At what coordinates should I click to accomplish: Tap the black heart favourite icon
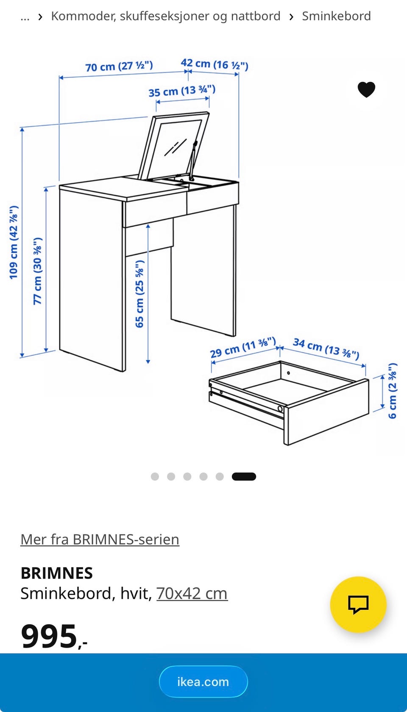point(366,89)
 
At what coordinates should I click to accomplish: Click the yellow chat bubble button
point(358,604)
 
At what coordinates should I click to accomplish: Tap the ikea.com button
point(203,682)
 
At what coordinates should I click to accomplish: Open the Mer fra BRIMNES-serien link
point(100,540)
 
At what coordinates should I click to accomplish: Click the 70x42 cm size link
point(192,593)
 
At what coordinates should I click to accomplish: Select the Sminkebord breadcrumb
point(337,16)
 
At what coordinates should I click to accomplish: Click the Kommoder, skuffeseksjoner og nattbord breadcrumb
point(166,16)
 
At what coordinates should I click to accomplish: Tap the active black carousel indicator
point(244,476)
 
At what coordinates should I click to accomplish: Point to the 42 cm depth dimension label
point(215,64)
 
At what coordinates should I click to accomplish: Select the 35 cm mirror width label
point(182,91)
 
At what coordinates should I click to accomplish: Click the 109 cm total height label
point(14,242)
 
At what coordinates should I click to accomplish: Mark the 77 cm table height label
point(37,271)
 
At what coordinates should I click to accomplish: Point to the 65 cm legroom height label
point(139,294)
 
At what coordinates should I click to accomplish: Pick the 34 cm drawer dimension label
point(326,349)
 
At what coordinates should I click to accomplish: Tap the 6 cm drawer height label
point(393,391)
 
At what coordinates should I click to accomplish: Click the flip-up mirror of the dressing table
point(174,146)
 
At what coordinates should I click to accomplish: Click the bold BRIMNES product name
point(57,573)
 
